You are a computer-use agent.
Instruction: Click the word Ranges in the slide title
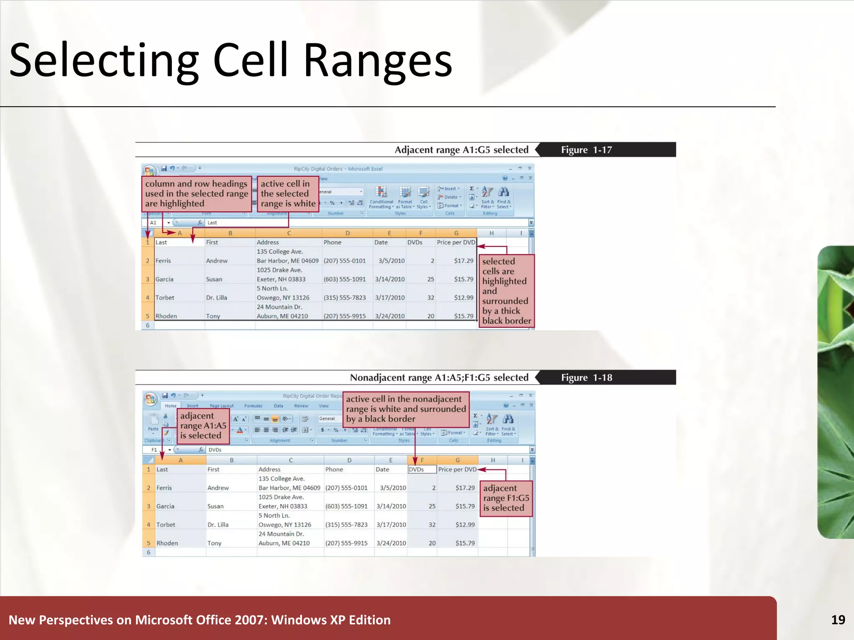click(x=377, y=61)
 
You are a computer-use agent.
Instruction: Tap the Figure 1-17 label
click(x=586, y=150)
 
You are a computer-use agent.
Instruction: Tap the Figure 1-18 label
click(x=586, y=377)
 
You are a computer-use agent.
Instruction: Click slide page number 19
click(x=838, y=620)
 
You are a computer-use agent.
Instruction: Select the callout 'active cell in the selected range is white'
click(x=288, y=194)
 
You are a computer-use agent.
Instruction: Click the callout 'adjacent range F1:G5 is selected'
click(x=506, y=498)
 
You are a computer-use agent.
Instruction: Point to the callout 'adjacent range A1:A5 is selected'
click(x=203, y=425)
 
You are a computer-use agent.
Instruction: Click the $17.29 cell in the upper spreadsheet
click(x=463, y=261)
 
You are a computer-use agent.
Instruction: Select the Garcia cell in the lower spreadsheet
click(x=166, y=506)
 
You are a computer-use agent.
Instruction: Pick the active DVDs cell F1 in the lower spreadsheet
click(x=422, y=469)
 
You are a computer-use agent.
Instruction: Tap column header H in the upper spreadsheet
click(x=491, y=233)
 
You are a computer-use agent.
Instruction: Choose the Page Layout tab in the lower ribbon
click(x=221, y=405)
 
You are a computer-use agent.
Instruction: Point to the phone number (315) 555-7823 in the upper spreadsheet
click(x=344, y=297)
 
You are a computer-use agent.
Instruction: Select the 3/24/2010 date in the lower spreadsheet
click(x=391, y=543)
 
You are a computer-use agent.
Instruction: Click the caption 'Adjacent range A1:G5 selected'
click(x=461, y=150)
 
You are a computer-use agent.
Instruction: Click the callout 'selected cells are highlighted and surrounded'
click(x=506, y=291)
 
